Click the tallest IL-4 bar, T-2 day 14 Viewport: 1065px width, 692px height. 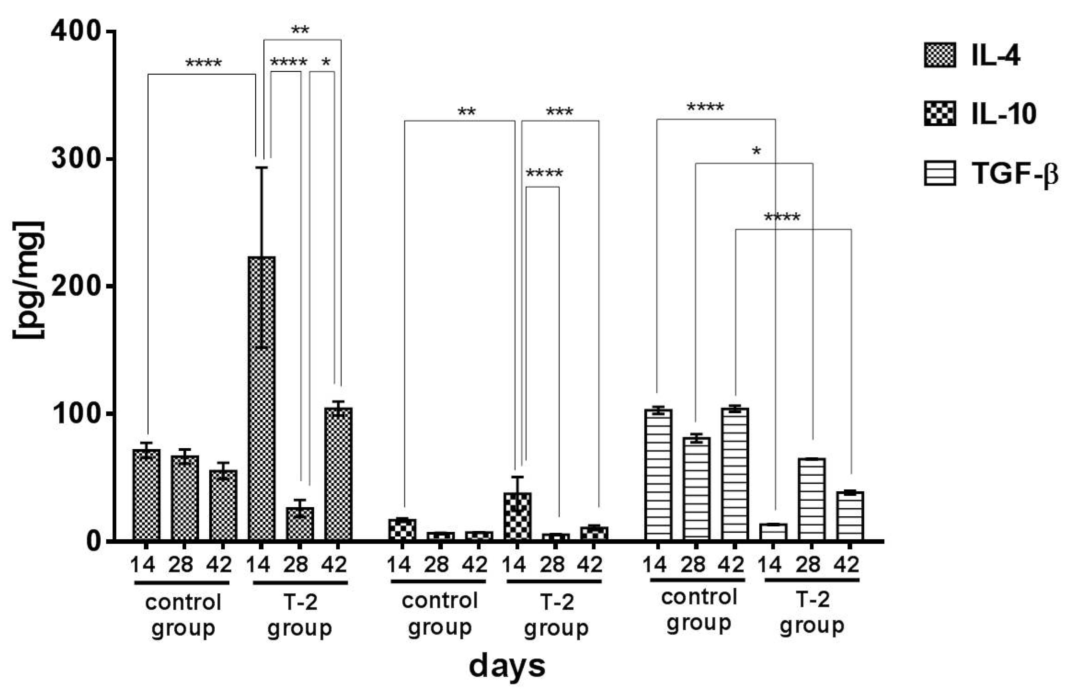click(x=262, y=398)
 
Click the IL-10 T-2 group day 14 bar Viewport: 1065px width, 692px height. click(x=517, y=517)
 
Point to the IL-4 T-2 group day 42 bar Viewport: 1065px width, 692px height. click(x=338, y=474)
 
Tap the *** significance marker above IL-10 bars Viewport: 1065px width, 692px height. click(x=559, y=112)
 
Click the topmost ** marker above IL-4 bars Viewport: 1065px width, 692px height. click(x=300, y=30)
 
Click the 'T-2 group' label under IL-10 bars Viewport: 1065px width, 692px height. click(x=556, y=615)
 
